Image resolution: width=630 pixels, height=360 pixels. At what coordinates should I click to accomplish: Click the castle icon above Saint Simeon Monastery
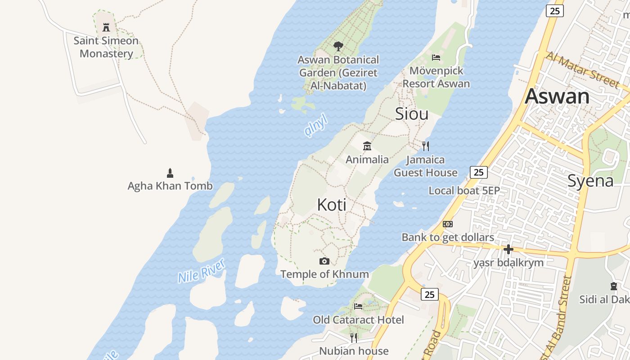pos(106,27)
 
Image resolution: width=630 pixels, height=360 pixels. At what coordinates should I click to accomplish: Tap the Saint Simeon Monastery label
pos(106,47)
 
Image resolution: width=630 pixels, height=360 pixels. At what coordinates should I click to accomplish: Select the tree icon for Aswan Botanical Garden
pos(338,46)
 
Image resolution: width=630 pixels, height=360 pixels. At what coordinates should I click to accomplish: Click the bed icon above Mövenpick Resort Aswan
pos(436,57)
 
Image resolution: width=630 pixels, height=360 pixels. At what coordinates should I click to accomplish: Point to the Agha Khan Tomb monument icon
pos(170,173)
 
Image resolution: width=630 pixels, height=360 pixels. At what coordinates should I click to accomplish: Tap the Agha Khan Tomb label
pos(170,186)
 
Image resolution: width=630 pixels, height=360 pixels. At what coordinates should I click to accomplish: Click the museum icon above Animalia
pos(367,146)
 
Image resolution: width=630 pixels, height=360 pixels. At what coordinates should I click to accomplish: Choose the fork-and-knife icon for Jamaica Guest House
pos(426,146)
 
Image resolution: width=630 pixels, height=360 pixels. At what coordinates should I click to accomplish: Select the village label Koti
pos(332,205)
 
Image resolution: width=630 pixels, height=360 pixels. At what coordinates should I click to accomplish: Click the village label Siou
pos(411,114)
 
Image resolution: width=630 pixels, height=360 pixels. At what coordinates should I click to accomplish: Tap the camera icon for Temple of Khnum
pos(324,261)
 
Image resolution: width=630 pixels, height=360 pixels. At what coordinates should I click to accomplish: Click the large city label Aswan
pos(557,96)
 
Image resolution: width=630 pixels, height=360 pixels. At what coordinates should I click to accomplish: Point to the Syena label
pos(590,181)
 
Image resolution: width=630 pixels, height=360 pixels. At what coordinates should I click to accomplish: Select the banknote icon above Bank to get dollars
pos(448,224)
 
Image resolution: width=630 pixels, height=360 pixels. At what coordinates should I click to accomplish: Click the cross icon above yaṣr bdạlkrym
pos(508,249)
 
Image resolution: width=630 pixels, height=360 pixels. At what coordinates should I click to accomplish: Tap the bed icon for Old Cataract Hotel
pos(358,306)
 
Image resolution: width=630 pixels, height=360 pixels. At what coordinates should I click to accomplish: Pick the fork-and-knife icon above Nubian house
pos(354,337)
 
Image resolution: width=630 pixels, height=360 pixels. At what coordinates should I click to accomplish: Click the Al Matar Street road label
pos(582,69)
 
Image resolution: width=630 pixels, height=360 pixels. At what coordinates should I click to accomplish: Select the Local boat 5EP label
pos(464,190)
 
